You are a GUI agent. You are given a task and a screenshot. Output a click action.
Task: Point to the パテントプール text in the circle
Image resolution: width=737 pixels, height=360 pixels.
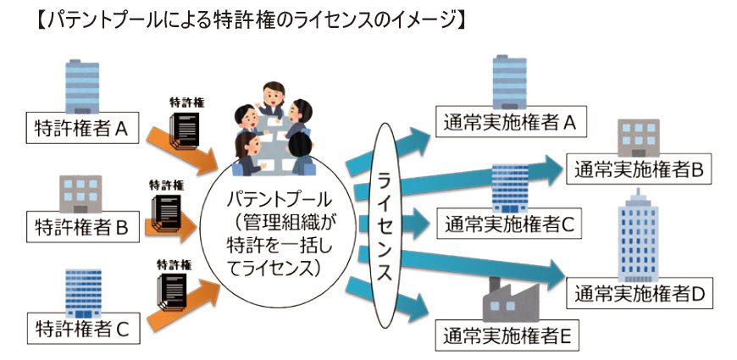tap(273, 200)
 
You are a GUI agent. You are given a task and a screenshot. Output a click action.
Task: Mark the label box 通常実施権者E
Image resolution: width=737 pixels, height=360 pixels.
tap(507, 336)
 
